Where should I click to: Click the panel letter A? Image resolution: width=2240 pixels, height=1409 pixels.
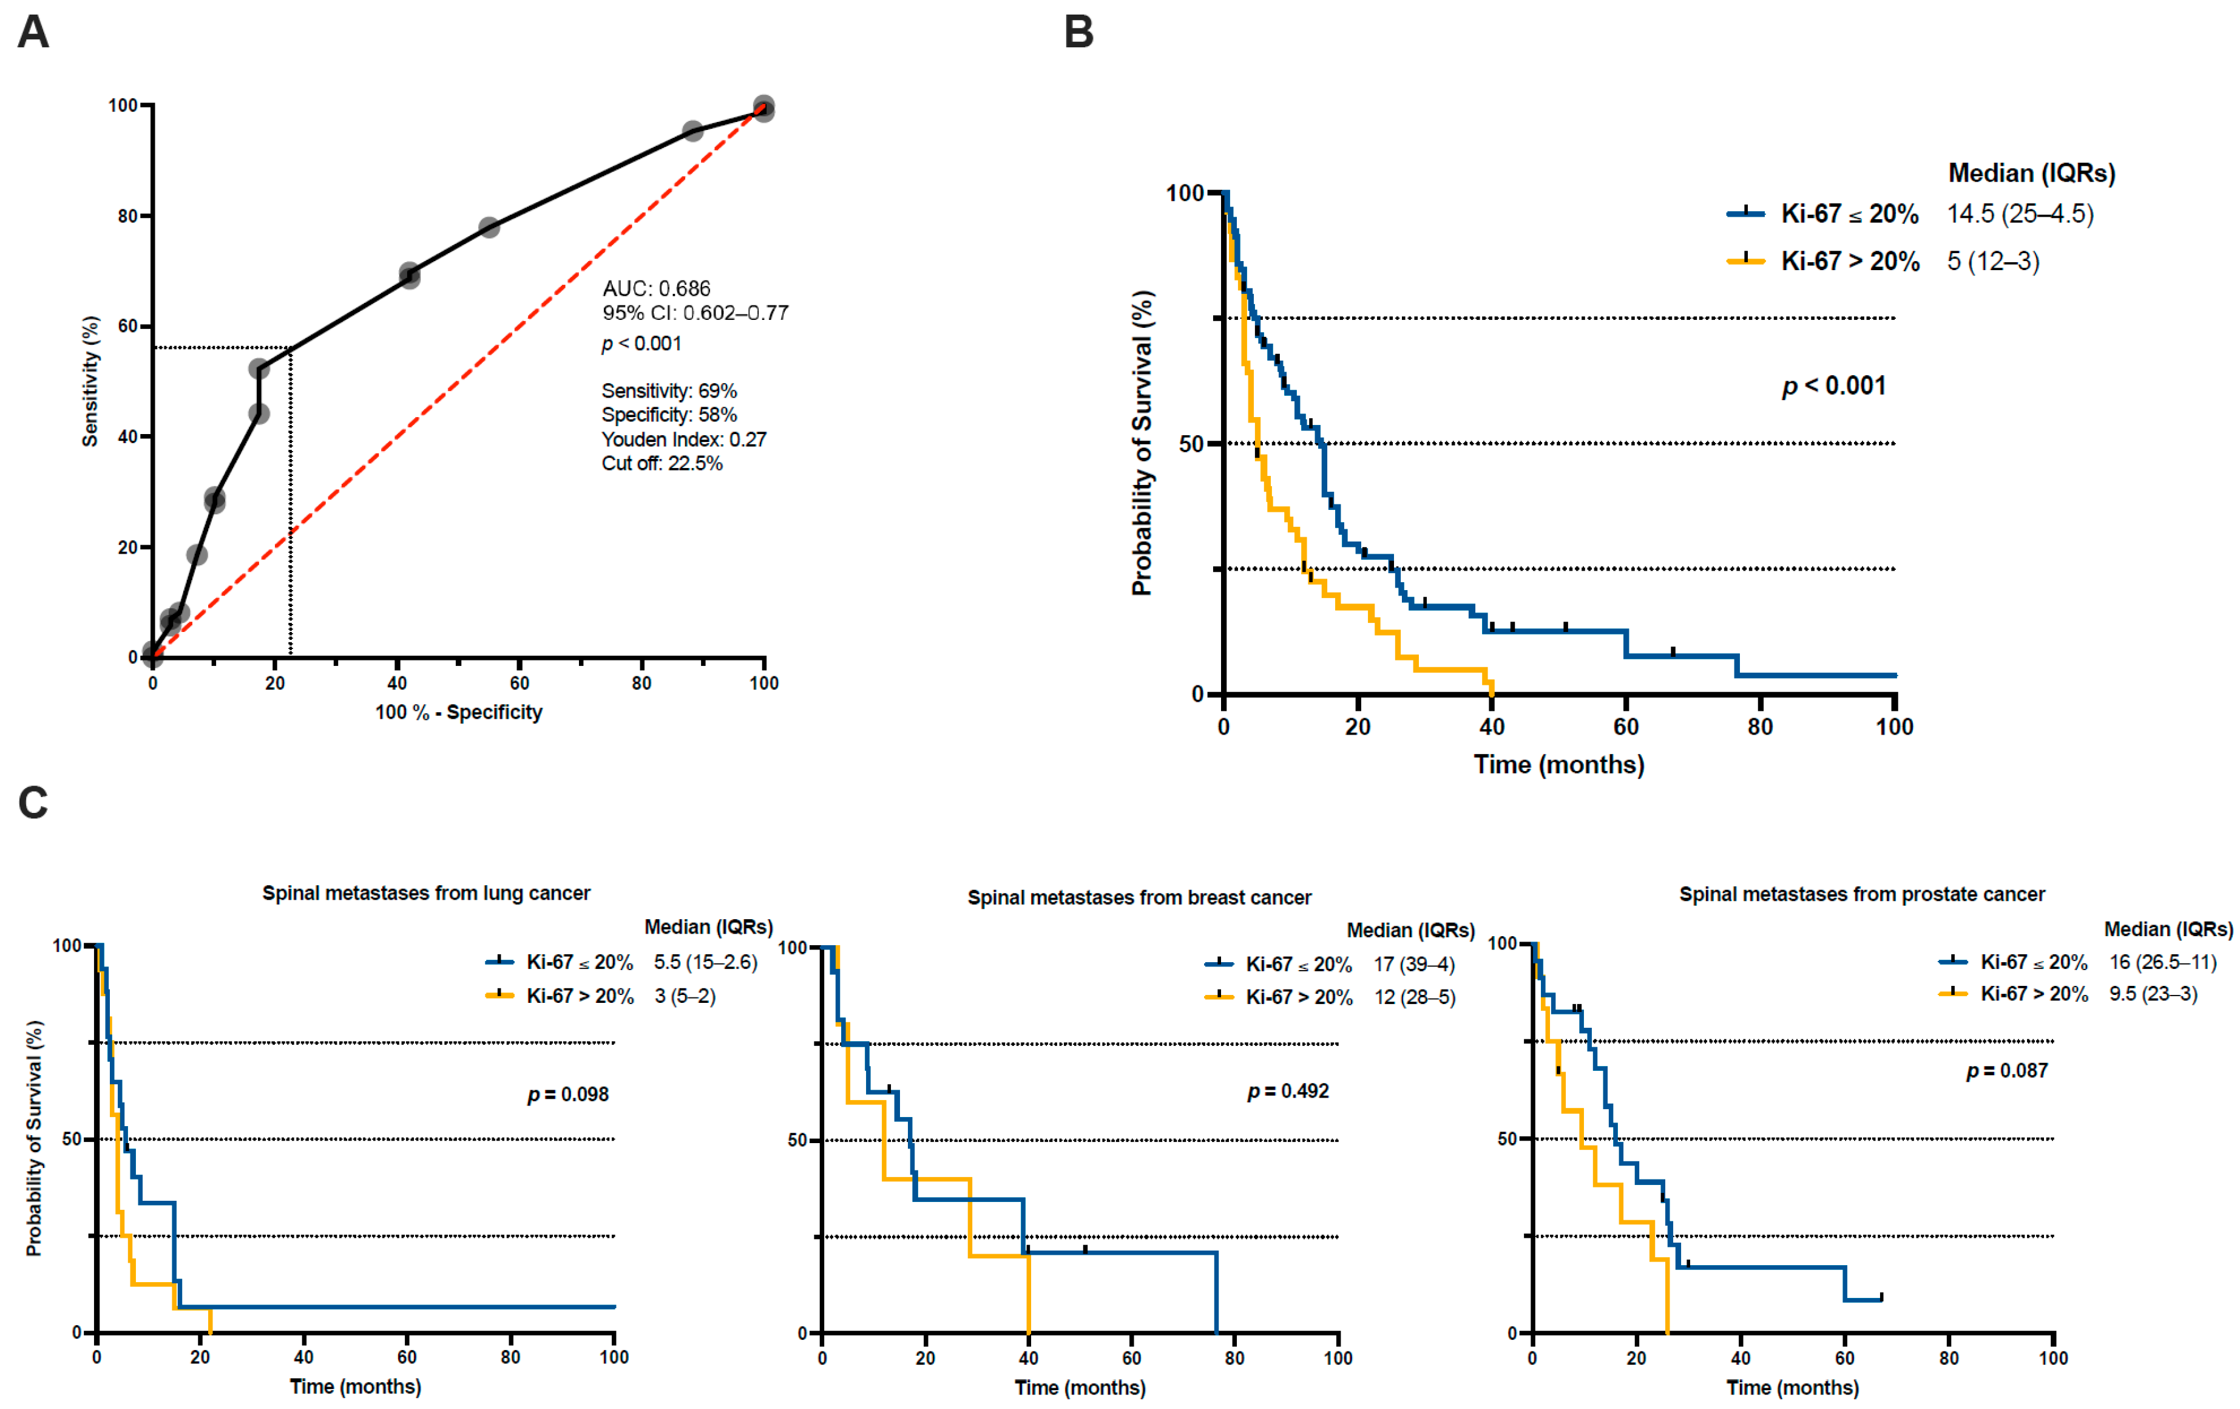33,33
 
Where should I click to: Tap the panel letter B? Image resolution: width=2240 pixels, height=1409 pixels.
1078,33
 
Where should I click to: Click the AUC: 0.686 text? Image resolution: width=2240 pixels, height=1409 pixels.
656,288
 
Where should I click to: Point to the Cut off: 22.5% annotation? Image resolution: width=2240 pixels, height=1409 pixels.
662,463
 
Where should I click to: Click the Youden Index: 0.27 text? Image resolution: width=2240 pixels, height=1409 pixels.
684,440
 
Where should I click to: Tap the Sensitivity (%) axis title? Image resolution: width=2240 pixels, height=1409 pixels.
90,382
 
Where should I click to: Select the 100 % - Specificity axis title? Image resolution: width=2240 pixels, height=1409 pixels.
459,713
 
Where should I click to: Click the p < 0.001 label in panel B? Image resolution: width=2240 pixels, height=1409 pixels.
1833,386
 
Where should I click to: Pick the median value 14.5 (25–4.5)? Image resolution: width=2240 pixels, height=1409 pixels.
2020,214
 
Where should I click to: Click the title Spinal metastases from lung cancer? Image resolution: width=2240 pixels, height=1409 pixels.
426,894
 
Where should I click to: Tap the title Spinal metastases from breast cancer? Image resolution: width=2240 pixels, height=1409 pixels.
1140,898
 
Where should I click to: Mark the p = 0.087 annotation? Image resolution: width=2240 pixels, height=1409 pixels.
2006,1071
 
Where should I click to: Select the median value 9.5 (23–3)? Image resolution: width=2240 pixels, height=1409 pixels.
2153,994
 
